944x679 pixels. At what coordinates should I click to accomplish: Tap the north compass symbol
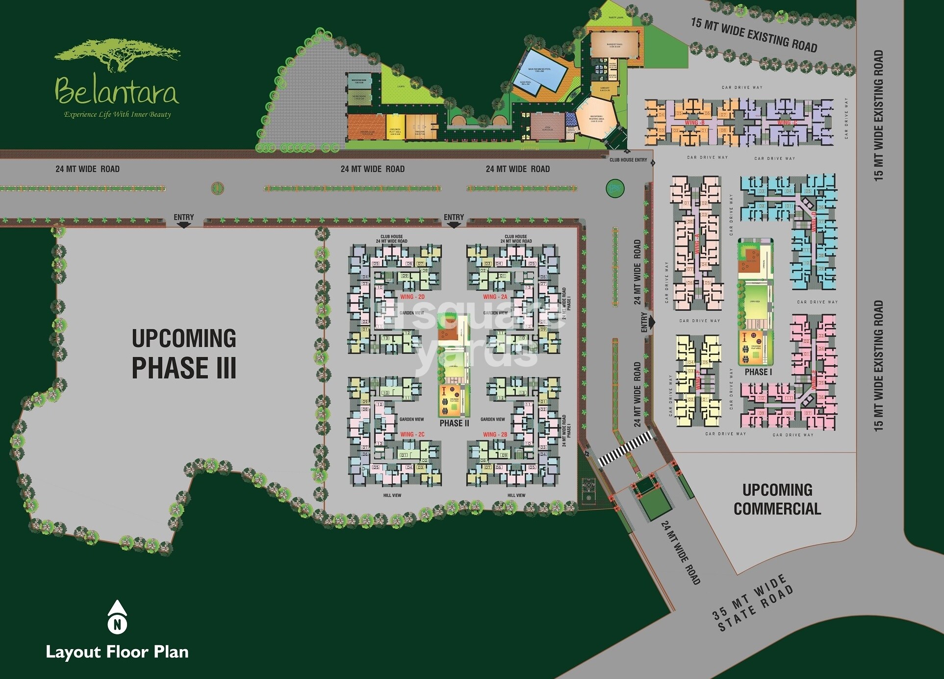tap(117, 617)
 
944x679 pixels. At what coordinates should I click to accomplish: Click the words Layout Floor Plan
tap(117, 652)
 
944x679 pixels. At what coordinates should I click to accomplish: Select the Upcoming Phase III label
tap(184, 353)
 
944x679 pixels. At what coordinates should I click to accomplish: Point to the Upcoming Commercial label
tap(777, 499)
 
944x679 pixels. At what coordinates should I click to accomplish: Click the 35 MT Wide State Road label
tap(752, 604)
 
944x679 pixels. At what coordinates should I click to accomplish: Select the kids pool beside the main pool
tap(526, 84)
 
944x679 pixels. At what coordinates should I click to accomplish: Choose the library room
tap(605, 89)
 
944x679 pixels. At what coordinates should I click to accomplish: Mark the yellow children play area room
tap(395, 127)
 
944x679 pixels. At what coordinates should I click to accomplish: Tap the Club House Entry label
tap(628, 160)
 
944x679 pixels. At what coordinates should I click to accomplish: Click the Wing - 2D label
tap(412, 297)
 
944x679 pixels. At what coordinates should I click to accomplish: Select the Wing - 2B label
tap(495, 434)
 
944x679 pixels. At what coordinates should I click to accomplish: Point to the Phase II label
tap(454, 424)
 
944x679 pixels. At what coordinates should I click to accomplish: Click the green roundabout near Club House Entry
tap(614, 188)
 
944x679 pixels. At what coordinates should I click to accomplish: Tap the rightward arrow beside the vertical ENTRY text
tap(651, 323)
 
